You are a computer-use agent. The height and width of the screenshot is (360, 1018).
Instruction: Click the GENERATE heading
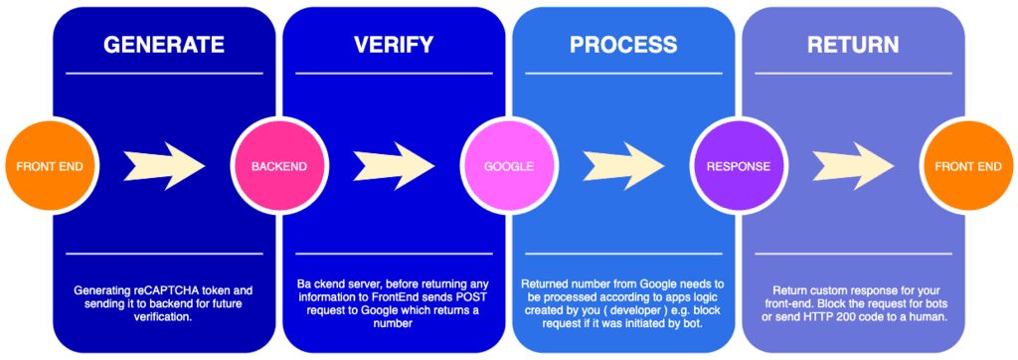tap(164, 45)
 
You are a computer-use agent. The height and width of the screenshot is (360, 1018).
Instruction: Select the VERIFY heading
tap(393, 45)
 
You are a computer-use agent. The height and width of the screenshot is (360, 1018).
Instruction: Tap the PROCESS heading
tap(623, 45)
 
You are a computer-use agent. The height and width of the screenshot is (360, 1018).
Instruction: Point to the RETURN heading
tap(853, 45)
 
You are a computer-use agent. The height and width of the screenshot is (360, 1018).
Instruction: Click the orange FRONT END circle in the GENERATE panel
tap(42, 166)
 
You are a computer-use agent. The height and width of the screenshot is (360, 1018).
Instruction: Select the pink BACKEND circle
tap(271, 166)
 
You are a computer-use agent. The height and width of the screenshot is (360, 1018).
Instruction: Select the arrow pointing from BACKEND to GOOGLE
tap(393, 164)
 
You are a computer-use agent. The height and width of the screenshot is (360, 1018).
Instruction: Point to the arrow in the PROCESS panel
tap(622, 164)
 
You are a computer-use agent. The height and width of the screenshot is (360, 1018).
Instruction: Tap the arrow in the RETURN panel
tap(853, 164)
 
